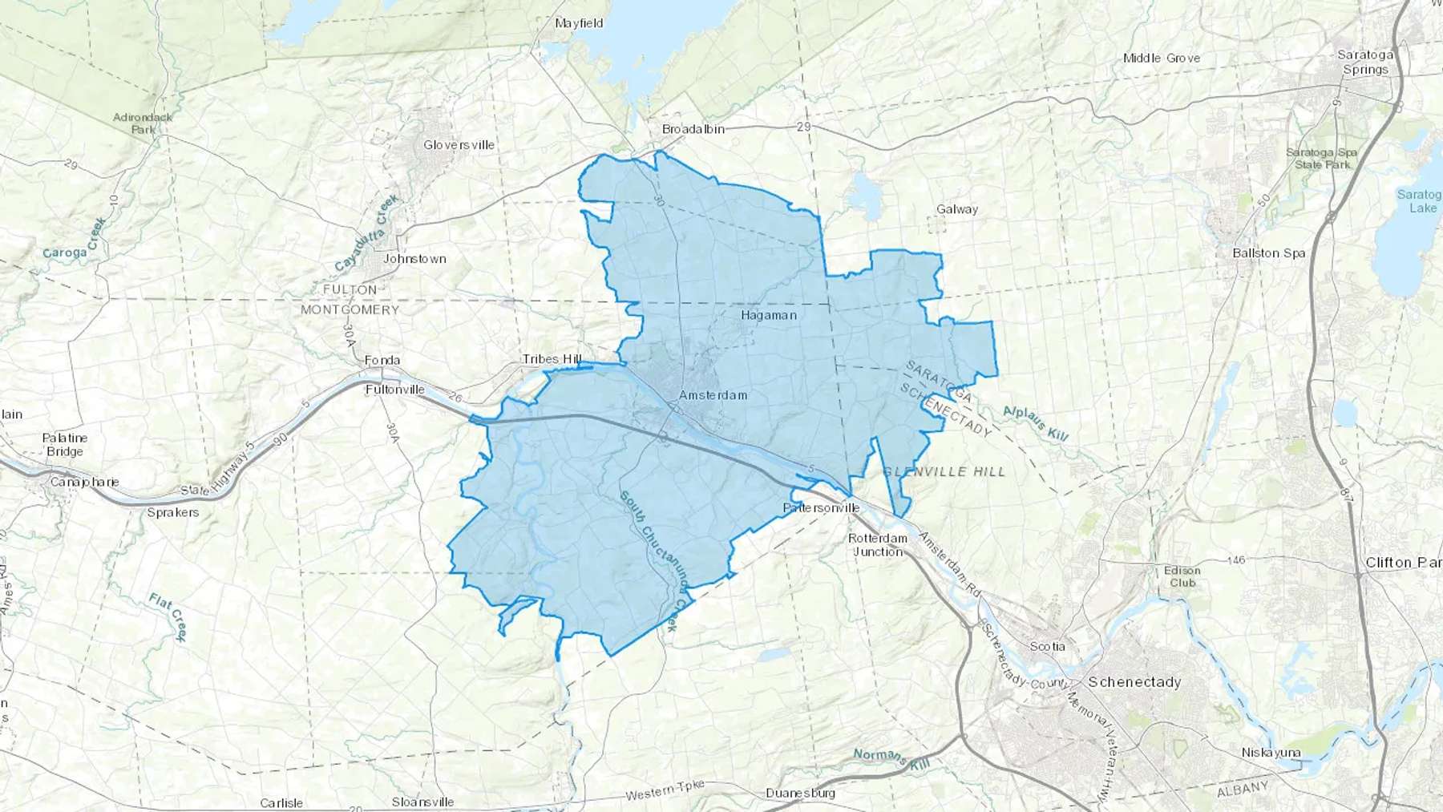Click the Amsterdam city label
tap(713, 395)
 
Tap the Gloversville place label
tap(459, 145)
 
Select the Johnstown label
tap(414, 259)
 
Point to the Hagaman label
tap(769, 315)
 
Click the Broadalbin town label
tap(693, 129)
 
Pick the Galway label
tap(957, 209)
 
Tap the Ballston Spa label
tap(1268, 253)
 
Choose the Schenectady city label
tap(1134, 682)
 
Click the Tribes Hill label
tap(552, 359)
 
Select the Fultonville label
tap(394, 390)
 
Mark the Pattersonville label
tap(821, 508)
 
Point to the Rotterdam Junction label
tap(878, 545)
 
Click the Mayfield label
tap(579, 23)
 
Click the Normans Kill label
tap(891, 758)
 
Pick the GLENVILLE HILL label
tap(944, 472)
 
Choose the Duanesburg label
tap(800, 794)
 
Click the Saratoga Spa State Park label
tap(1322, 159)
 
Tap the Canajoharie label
tap(84, 482)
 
